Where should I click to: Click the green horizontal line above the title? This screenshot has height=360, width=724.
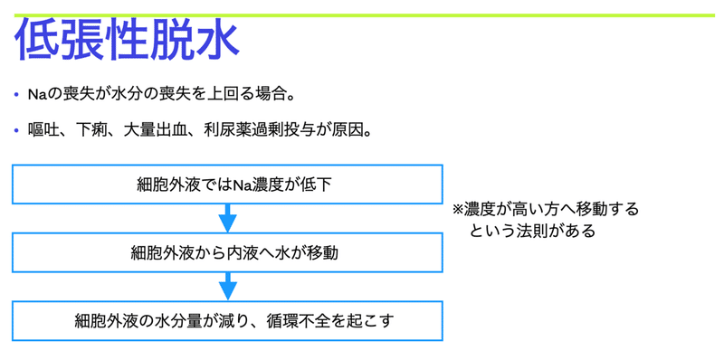tap(362, 15)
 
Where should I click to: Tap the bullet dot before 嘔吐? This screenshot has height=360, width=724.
tap(18, 130)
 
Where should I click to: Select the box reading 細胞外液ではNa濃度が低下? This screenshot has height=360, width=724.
tap(228, 185)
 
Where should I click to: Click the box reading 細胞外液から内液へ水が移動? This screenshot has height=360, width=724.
tap(228, 253)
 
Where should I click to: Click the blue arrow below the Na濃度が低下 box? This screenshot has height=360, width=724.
tap(228, 219)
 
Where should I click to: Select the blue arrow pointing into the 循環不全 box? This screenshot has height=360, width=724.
tap(228, 287)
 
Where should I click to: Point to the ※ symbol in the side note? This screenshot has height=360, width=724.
tap(458, 209)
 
